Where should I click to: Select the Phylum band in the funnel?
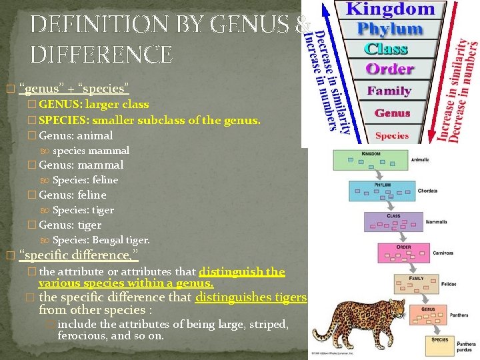coord(390,29)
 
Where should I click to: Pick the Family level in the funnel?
coord(390,91)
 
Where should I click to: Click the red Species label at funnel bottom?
coord(392,135)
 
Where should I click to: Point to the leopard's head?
coord(393,308)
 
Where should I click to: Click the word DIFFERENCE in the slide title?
coord(102,53)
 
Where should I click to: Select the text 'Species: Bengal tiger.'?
coord(101,240)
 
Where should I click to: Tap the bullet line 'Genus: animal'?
coord(75,135)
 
